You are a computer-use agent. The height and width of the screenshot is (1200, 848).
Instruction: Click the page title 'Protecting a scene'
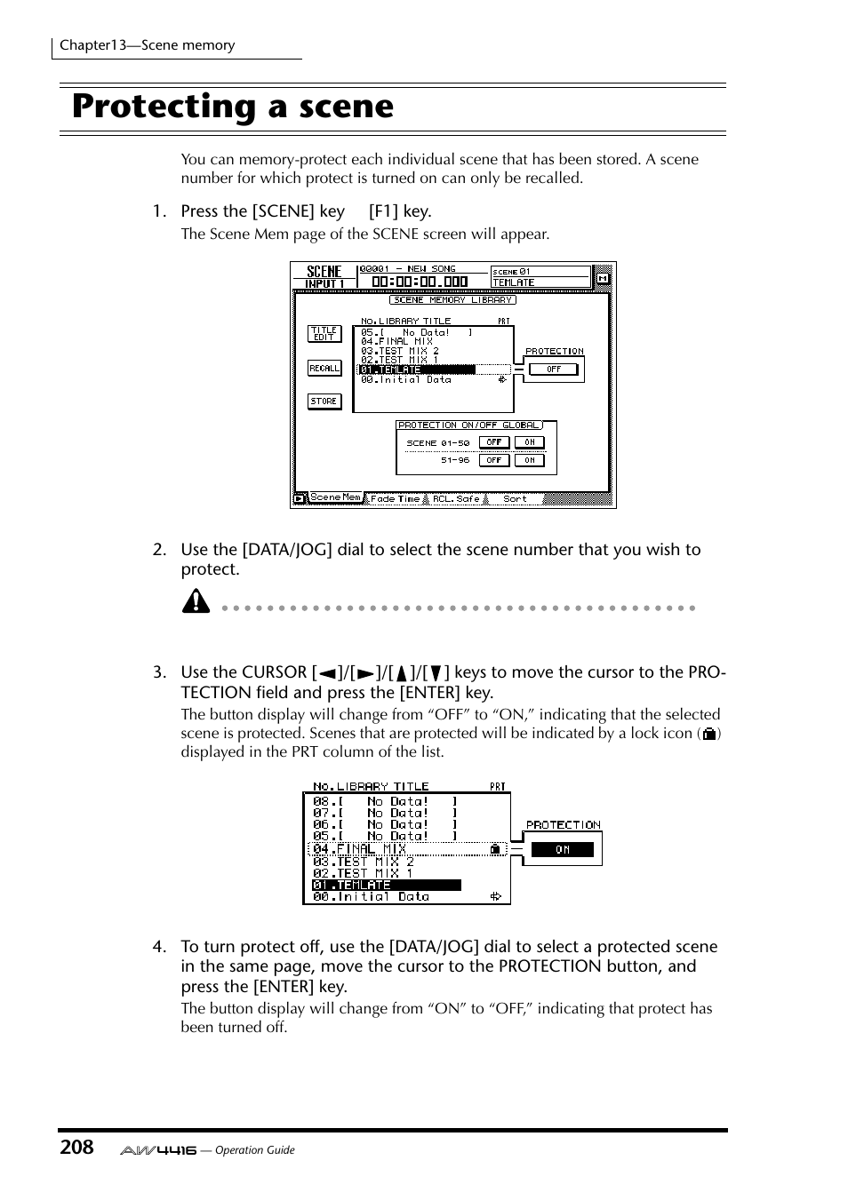tap(233, 107)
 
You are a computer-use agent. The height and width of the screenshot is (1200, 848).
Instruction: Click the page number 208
tap(76, 1147)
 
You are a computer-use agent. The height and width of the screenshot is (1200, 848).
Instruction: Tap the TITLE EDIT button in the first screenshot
tap(324, 333)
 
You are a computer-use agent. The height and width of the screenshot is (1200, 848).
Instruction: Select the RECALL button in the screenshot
tap(324, 368)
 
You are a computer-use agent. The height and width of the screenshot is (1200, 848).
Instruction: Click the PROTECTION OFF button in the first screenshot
tap(554, 370)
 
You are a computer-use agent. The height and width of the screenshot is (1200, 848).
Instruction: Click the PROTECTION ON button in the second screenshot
tap(563, 850)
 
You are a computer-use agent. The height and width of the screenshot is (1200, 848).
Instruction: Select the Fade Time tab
tap(395, 499)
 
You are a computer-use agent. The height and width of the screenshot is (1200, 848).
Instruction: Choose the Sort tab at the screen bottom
tap(515, 499)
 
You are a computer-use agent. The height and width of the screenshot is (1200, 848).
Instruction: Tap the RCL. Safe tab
tap(456, 499)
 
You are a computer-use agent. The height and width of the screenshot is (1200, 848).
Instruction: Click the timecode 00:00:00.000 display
tap(419, 282)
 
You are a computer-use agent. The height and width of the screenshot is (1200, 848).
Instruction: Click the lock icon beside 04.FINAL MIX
tap(495, 849)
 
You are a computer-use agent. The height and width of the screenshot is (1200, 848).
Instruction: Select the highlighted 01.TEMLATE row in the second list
tap(386, 885)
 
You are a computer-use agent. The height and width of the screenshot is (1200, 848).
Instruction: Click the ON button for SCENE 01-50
tap(529, 442)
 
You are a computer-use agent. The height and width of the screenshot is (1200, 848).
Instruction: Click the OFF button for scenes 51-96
tap(494, 460)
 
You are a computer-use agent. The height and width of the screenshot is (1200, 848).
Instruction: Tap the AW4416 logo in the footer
tap(158, 1149)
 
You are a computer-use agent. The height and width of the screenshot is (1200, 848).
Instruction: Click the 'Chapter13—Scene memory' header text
tap(148, 45)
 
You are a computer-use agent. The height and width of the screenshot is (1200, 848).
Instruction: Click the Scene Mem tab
tap(334, 498)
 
